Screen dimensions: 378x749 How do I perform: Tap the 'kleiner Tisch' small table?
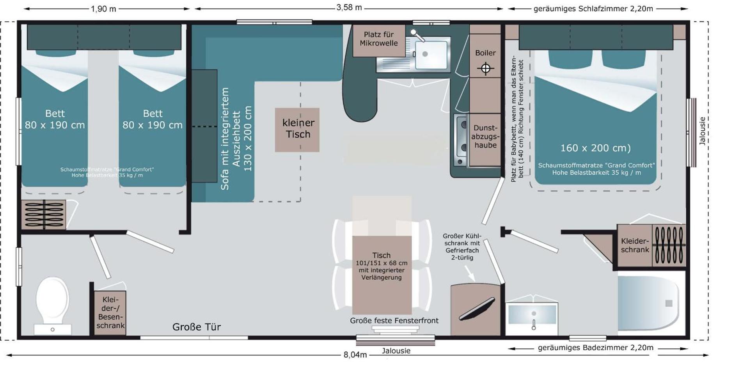297,130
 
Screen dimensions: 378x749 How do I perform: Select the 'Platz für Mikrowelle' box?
378,39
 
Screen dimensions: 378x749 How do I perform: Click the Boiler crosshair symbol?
485,69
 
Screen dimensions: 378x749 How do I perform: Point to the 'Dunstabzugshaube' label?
485,136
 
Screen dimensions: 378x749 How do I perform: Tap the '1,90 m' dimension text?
103,9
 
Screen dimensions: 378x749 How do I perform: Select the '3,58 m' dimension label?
349,7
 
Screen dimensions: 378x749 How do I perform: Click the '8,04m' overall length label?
355,355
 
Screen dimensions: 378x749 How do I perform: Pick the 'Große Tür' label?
197,327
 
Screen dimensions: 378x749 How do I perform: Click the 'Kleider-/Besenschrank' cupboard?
110,312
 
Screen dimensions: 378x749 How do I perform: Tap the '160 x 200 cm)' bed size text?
595,148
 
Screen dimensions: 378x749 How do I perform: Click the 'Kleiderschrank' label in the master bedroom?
635,245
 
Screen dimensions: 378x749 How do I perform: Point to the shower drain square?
669,303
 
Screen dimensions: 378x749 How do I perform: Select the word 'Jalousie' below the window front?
396,351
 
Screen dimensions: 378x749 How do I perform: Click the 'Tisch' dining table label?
381,256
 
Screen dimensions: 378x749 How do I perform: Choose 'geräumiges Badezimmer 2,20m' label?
595,348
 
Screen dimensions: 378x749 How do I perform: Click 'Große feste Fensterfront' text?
394,321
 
